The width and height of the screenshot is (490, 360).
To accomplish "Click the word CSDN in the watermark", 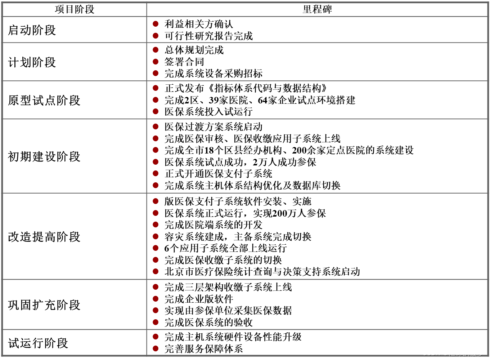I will (431, 353).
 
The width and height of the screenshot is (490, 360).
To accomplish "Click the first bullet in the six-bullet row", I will (156, 126).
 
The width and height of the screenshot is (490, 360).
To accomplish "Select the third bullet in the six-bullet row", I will (156, 150).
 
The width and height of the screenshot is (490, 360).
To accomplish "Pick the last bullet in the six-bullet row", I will (156, 185).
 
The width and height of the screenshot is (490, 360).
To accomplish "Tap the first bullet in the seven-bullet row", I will (156, 201).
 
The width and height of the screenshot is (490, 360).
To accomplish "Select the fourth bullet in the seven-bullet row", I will (156, 236).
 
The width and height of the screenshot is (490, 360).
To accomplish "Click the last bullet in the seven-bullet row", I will (156, 271).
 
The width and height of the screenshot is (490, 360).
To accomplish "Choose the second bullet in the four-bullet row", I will (156, 299).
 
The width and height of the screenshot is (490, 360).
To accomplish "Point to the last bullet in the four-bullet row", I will (156, 322).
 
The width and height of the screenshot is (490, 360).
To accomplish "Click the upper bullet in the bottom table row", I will (156, 337).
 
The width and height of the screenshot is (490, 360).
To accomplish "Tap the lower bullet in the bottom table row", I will (156, 348).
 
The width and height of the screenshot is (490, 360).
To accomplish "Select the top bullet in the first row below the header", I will (156, 24).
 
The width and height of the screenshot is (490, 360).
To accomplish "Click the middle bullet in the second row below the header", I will (156, 62).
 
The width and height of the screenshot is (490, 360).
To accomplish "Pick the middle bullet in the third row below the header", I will (156, 100).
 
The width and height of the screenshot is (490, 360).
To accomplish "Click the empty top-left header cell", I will (75, 9).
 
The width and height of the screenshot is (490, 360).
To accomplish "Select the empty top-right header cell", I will (317, 9).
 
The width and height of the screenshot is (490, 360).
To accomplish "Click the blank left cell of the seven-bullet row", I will (75, 236).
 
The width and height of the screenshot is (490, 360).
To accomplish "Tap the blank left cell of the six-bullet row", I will (75, 156).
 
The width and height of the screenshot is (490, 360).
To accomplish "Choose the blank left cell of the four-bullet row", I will (75, 305).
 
